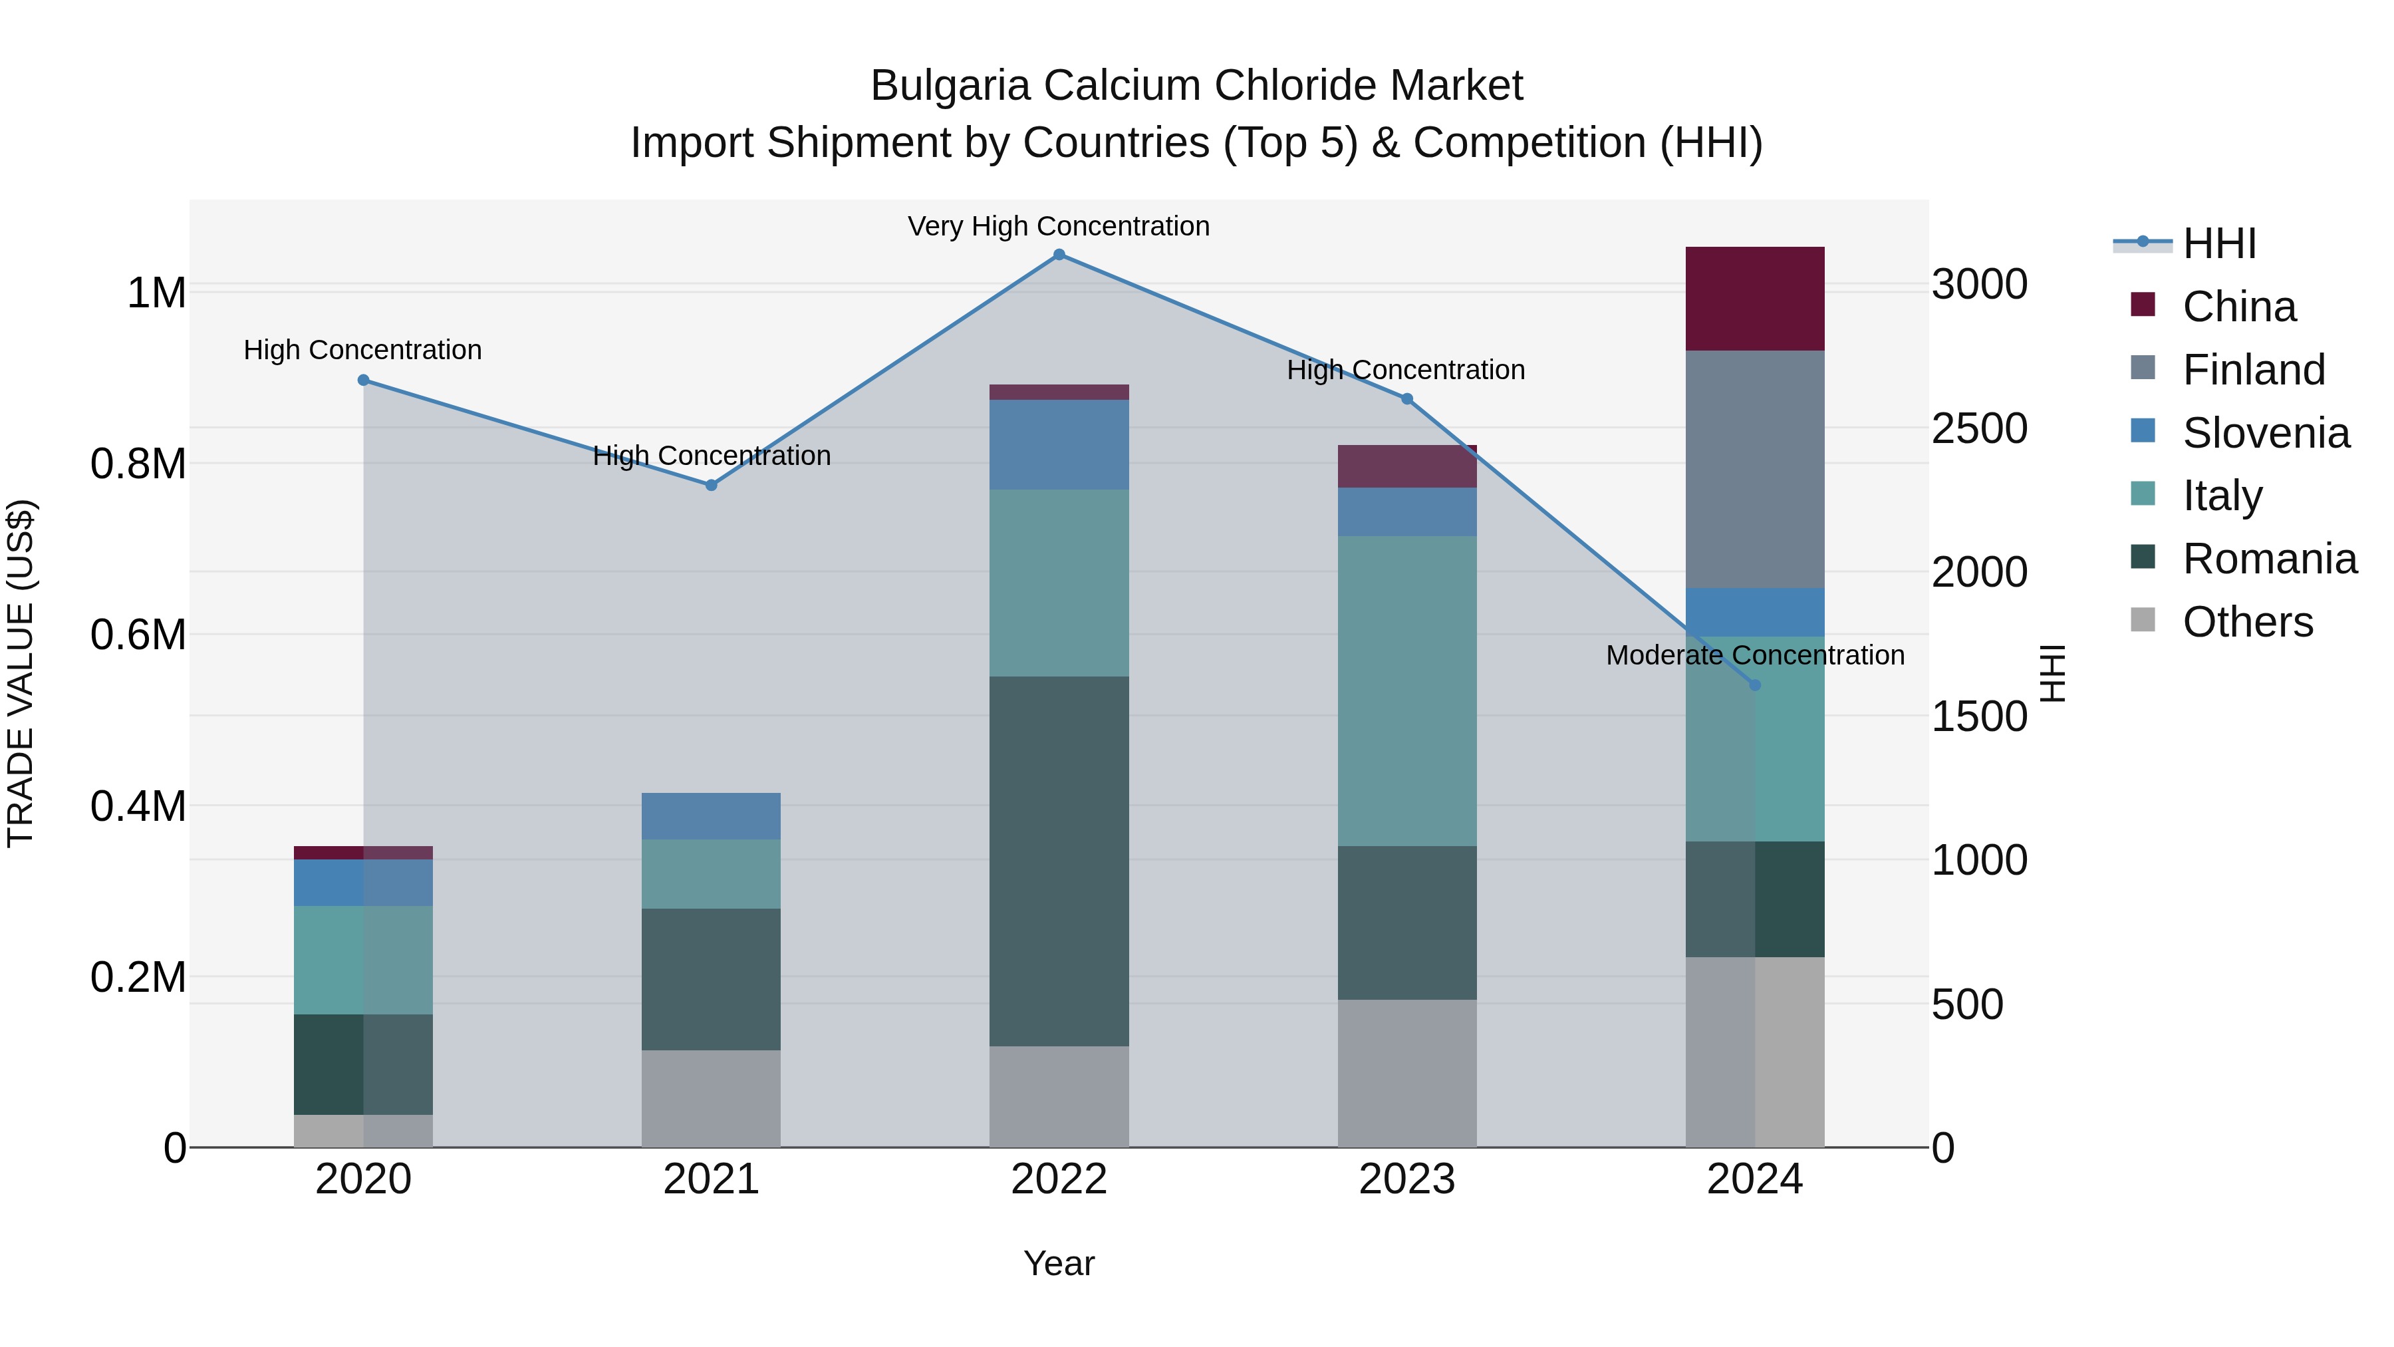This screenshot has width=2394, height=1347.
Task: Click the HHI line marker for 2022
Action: coord(1059,255)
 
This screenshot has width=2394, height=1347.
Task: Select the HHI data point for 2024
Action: coord(1755,685)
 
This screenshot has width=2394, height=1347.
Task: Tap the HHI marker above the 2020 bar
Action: coord(363,380)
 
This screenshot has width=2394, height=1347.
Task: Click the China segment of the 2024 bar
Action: coord(1755,299)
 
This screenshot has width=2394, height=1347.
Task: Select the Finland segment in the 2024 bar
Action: coord(1755,470)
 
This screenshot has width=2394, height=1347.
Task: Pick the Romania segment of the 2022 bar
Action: coord(1059,861)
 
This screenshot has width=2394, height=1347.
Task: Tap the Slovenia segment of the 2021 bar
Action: coord(711,816)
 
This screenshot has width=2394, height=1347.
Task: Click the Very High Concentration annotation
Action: coord(1059,226)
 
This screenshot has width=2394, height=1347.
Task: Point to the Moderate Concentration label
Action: coord(1755,655)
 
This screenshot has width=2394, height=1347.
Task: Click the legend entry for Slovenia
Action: coord(2265,433)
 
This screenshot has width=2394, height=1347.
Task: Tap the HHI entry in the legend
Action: coord(2218,243)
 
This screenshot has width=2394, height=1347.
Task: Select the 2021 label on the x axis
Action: coord(711,1179)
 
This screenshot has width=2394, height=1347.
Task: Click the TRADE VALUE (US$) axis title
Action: coord(21,673)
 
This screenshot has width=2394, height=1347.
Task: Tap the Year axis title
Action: coord(1059,1263)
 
